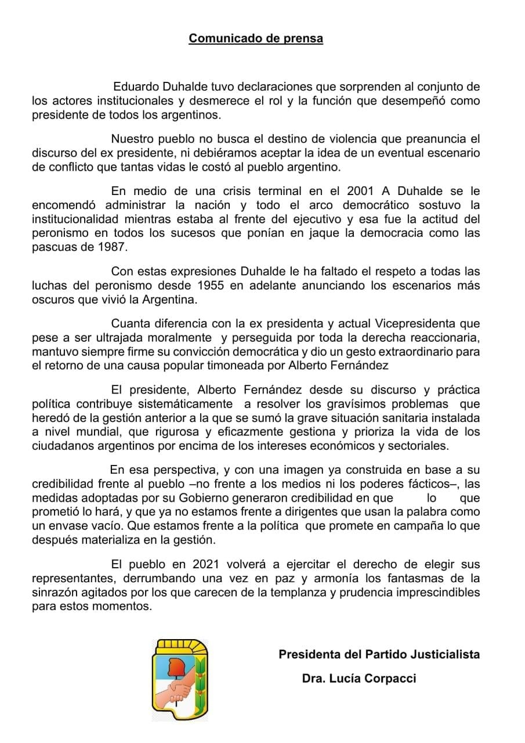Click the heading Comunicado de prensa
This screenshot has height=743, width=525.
coord(256,39)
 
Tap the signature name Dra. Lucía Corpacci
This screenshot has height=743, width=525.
coord(359,679)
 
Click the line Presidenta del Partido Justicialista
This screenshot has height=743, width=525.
coord(379,654)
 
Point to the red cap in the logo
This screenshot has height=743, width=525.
coord(174,666)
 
